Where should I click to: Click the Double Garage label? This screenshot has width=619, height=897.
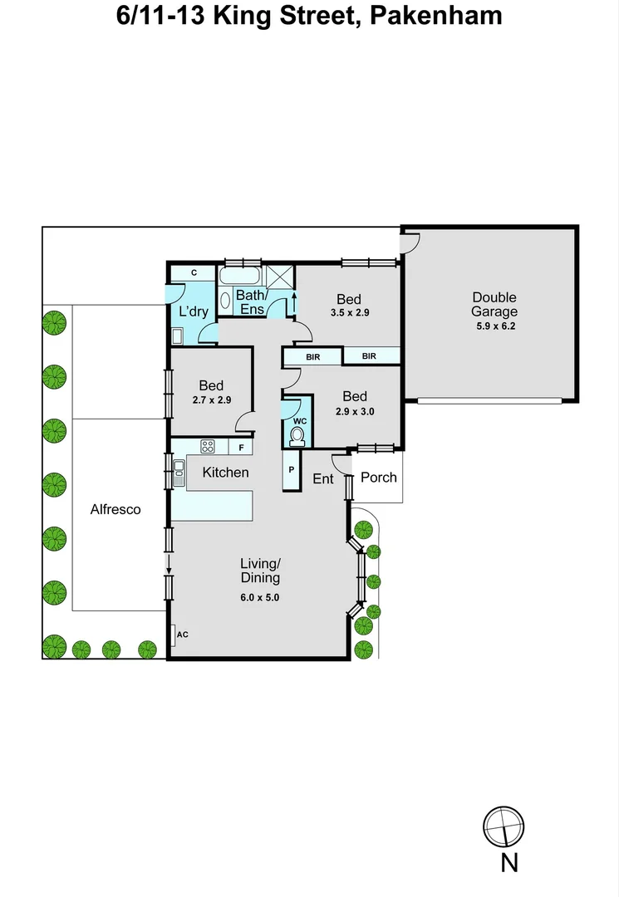[x=494, y=305]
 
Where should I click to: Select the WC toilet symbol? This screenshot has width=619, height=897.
[x=297, y=434]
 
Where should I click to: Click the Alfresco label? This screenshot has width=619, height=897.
[x=115, y=510]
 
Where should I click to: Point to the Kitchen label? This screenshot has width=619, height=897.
[x=226, y=473]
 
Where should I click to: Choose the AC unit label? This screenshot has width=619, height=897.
[x=183, y=635]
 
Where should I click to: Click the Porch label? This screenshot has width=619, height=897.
[x=378, y=478]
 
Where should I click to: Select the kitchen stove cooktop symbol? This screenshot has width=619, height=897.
[x=208, y=447]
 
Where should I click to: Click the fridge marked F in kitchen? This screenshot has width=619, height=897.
[x=241, y=448]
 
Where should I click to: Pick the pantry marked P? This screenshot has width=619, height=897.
[x=292, y=470]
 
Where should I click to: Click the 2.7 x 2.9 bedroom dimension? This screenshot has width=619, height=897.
[x=211, y=400]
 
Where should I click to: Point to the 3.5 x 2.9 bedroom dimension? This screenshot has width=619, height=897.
[x=348, y=313]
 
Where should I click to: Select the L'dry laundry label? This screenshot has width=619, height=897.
[x=193, y=312]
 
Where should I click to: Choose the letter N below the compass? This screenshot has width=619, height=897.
[x=509, y=863]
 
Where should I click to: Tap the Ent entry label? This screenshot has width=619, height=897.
[x=323, y=479]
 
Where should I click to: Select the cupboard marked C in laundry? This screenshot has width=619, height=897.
[x=193, y=272]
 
